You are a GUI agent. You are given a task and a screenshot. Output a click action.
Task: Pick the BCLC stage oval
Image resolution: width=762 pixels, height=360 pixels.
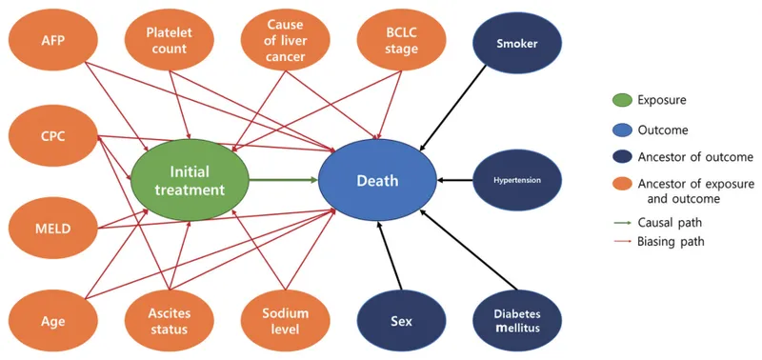[401, 41]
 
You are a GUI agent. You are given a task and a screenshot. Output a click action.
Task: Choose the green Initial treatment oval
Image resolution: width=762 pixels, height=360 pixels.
[190, 180]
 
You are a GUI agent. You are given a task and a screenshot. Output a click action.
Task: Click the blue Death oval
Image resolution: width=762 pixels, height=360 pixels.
[377, 180]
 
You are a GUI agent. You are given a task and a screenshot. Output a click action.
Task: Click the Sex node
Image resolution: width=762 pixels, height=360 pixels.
[401, 321]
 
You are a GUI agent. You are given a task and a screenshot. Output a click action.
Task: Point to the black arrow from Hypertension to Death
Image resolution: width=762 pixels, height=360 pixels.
[454, 179]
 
